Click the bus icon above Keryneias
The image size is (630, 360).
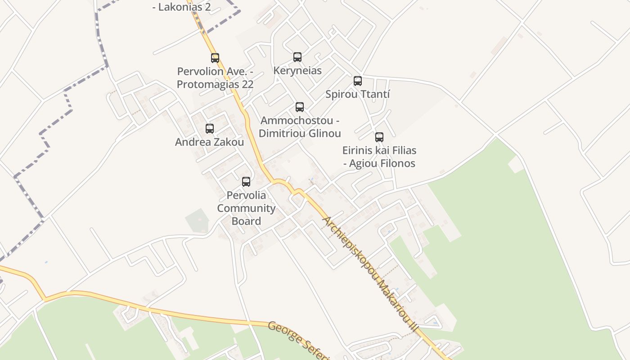(297, 57)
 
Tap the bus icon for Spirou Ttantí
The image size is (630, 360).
(358, 81)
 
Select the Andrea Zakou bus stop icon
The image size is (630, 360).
(210, 129)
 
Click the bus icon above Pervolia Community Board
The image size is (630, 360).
(246, 182)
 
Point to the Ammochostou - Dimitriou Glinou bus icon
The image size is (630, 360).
(300, 107)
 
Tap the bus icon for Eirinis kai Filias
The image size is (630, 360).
(379, 137)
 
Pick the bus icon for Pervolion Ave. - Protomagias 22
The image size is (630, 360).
(215, 58)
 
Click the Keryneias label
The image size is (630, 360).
(297, 71)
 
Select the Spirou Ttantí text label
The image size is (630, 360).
(358, 94)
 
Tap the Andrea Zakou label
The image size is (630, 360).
(210, 142)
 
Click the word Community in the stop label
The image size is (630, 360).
(246, 208)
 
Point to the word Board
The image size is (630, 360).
(246, 221)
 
